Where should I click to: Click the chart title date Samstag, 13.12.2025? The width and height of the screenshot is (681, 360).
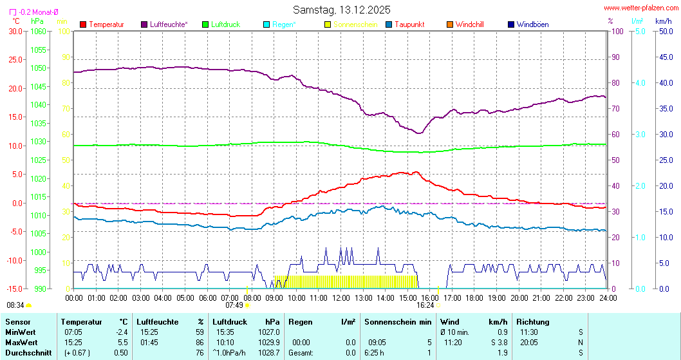pyautogui.click(x=342, y=10)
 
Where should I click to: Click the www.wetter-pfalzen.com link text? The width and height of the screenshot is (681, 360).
pyautogui.click(x=641, y=8)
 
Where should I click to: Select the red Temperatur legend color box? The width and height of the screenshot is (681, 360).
pyautogui.click(x=82, y=24)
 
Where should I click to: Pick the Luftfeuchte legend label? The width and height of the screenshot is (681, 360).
pyautogui.click(x=169, y=24)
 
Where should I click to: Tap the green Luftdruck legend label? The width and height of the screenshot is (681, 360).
pyautogui.click(x=225, y=24)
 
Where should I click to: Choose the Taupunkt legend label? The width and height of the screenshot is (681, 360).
pyautogui.click(x=409, y=24)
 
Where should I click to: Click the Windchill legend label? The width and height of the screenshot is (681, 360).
pyautogui.click(x=469, y=24)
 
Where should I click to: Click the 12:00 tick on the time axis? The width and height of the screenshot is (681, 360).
pyautogui.click(x=340, y=298)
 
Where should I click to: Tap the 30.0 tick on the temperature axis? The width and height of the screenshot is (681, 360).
pyautogui.click(x=14, y=31)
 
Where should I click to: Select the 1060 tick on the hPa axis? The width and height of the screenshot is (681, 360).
pyautogui.click(x=39, y=31)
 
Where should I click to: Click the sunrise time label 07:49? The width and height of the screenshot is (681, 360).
pyautogui.click(x=234, y=305)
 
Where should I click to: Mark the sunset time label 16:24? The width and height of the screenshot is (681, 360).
pyautogui.click(x=425, y=305)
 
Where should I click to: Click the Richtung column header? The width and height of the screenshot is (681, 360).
pyautogui.click(x=533, y=321)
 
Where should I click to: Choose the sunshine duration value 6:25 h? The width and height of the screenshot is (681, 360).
pyautogui.click(x=375, y=352)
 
